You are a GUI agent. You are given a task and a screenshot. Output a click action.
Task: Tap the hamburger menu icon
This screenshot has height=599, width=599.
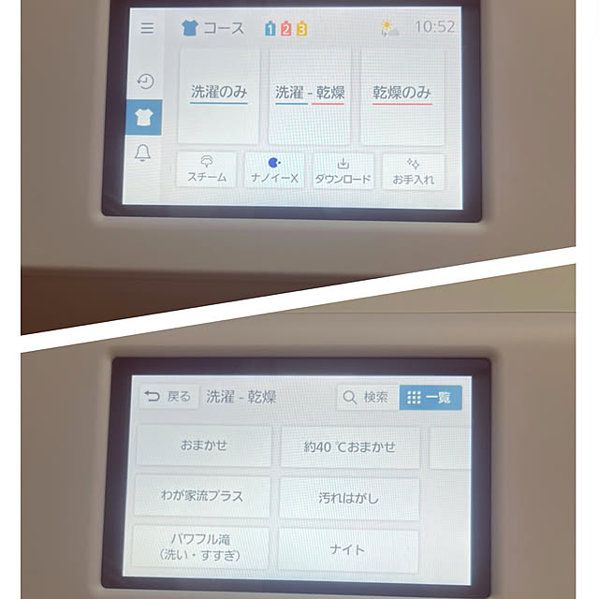[x=147, y=28]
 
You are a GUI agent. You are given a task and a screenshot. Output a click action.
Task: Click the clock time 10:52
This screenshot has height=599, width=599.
[x=434, y=27]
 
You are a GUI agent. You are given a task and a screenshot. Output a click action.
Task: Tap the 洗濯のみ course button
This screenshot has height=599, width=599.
[x=219, y=95]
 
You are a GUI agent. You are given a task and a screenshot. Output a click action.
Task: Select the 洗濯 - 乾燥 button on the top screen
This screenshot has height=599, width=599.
[x=310, y=96]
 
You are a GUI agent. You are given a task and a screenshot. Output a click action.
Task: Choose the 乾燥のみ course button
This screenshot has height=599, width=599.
[x=402, y=97]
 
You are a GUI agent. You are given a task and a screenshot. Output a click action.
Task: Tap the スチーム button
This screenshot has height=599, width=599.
[x=207, y=169]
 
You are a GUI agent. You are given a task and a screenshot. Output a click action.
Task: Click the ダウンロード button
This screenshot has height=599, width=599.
[x=343, y=170]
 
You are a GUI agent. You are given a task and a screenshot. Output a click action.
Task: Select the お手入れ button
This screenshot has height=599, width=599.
[x=413, y=171]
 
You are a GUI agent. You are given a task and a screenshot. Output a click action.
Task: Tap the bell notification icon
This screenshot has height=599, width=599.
[x=143, y=153]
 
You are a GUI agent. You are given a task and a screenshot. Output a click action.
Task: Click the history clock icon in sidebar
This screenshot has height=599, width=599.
[x=145, y=81]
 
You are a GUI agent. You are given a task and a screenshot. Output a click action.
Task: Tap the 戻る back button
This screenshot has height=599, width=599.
[x=168, y=397]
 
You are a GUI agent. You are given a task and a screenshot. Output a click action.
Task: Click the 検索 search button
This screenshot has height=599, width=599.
[x=368, y=397]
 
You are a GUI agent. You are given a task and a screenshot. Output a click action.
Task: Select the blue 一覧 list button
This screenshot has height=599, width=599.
[x=431, y=398]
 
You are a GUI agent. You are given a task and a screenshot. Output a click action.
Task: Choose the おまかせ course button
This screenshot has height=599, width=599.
[x=204, y=446]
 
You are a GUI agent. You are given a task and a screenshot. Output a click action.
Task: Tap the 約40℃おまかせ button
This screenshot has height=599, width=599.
[x=350, y=447]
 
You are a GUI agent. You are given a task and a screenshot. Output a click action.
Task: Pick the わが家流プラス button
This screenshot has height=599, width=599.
[x=202, y=496]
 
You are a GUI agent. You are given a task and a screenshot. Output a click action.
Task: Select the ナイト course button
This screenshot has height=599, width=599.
[x=347, y=550]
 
